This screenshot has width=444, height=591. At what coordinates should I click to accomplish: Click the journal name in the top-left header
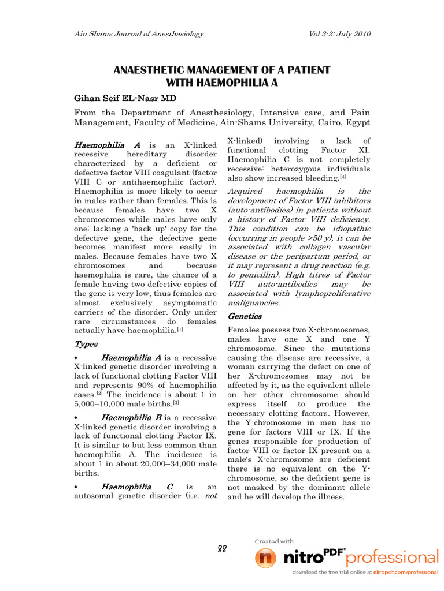pos(138,34)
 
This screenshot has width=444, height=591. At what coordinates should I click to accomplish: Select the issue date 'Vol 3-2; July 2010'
pos(334,34)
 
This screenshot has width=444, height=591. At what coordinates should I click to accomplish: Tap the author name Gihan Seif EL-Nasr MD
pos(124,98)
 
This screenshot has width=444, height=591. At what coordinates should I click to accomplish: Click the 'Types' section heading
pos(86,344)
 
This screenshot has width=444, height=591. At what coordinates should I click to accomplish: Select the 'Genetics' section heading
pos(245,316)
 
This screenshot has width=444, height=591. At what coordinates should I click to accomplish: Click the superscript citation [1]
pos(180,329)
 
